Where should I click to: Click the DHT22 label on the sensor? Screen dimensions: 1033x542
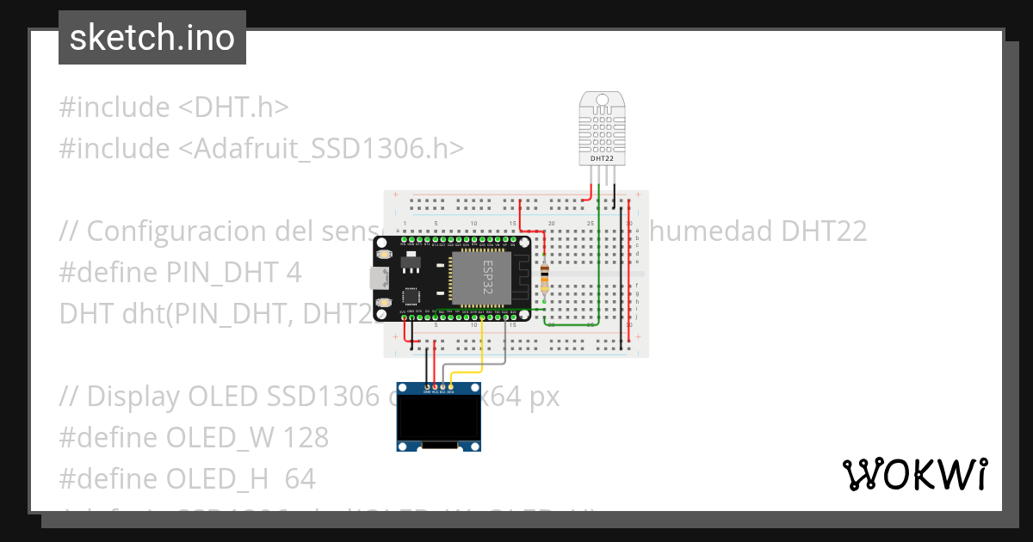tap(603, 159)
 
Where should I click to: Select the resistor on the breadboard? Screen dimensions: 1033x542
tap(544, 277)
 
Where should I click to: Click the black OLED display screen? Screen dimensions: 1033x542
tap(438, 418)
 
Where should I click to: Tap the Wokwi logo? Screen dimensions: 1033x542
tap(914, 474)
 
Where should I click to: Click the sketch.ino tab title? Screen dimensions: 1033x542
tap(152, 38)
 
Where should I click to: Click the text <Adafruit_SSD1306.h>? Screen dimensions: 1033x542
tap(321, 149)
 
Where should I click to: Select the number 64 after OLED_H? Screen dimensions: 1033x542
tap(300, 479)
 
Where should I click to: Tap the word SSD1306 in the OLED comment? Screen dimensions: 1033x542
tap(325, 397)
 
